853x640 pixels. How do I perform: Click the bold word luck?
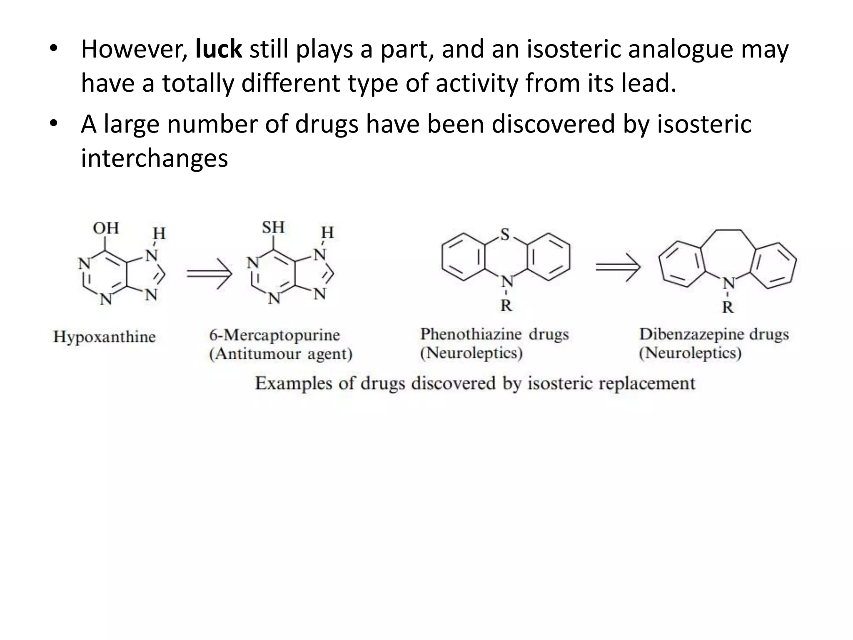tap(218, 49)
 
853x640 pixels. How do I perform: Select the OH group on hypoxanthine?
tap(106, 228)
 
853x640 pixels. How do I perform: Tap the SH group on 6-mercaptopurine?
tap(273, 227)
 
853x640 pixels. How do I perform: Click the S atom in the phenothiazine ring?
tap(505, 235)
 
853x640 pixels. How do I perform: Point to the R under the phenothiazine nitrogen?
tap(506, 306)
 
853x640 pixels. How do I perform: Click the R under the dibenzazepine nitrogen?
tap(728, 307)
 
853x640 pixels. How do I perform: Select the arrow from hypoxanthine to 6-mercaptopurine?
tap(209, 273)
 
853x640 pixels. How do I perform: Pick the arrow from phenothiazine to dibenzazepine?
tap(618, 267)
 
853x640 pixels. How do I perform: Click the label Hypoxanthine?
tap(104, 337)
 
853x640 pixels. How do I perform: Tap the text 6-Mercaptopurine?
tap(274, 335)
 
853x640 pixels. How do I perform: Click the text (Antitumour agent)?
tap(281, 354)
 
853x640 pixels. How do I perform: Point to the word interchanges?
tap(154, 158)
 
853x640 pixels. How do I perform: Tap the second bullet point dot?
tap(53, 125)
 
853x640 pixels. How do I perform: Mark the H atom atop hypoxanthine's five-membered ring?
tap(159, 233)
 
